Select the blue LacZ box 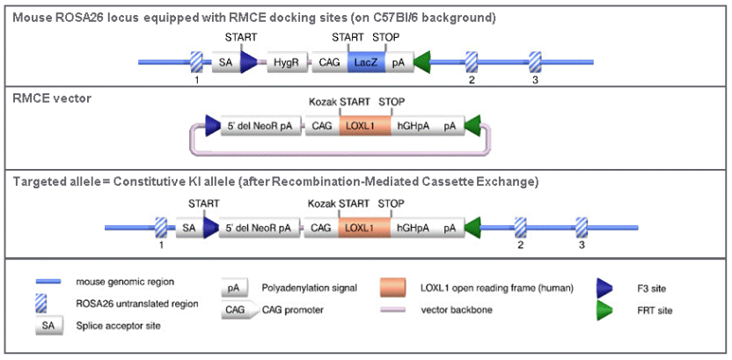[x=362, y=61]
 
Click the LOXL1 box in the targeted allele [x=356, y=227]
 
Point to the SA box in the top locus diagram [x=226, y=61]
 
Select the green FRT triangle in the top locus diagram [x=423, y=61]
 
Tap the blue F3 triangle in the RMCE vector [x=213, y=126]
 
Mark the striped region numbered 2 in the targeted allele [x=520, y=227]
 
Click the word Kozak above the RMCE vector [x=323, y=102]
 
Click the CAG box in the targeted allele [x=321, y=227]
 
